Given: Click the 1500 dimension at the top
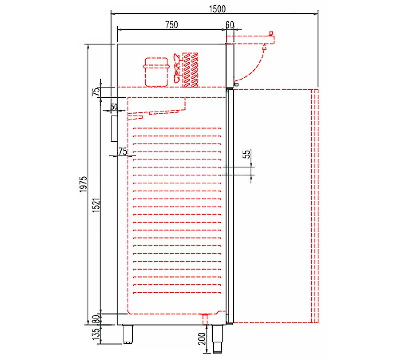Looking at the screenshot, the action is [217, 9].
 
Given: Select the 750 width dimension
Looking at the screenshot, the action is [171, 25].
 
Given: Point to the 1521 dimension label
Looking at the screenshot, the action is [96, 205].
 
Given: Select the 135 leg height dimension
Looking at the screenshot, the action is [96, 334].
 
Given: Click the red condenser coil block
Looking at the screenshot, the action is [190, 70].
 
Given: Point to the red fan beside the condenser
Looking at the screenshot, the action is [177, 68].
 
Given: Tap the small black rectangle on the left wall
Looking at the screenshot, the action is [114, 129].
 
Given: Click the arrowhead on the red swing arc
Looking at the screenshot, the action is [265, 48].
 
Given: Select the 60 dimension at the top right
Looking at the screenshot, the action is [230, 25].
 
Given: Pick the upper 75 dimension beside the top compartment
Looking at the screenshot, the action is [96, 91].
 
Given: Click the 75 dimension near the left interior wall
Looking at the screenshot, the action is [122, 151].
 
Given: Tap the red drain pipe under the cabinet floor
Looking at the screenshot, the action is [205, 320].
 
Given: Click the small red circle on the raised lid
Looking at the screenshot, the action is [271, 33].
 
